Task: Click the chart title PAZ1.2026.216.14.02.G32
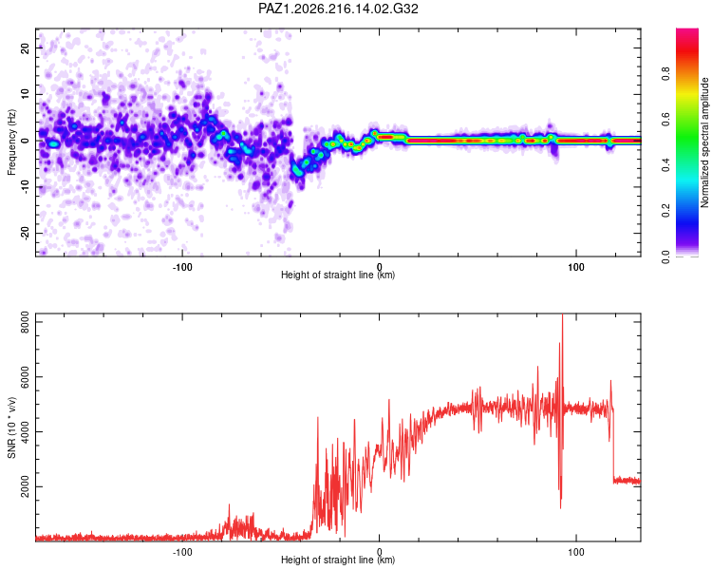point(338,9)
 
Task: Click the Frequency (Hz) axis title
point(11,142)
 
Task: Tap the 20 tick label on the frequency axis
point(25,48)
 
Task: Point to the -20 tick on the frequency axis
point(25,233)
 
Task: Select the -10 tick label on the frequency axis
point(25,187)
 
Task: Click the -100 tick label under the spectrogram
point(182,267)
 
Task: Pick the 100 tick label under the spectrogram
point(576,267)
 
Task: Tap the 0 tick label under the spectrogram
point(379,267)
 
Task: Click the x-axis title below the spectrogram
point(338,275)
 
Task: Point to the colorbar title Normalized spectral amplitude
point(704,142)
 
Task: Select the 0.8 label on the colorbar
point(665,74)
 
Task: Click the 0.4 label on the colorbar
point(665,165)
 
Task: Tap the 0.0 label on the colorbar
point(665,256)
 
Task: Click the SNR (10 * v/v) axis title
point(11,427)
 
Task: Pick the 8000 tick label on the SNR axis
point(25,322)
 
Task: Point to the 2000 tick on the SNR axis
point(25,486)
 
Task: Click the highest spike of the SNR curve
point(563,314)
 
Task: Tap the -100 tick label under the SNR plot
point(182,552)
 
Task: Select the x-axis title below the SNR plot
point(338,560)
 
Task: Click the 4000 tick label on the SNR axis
point(25,432)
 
